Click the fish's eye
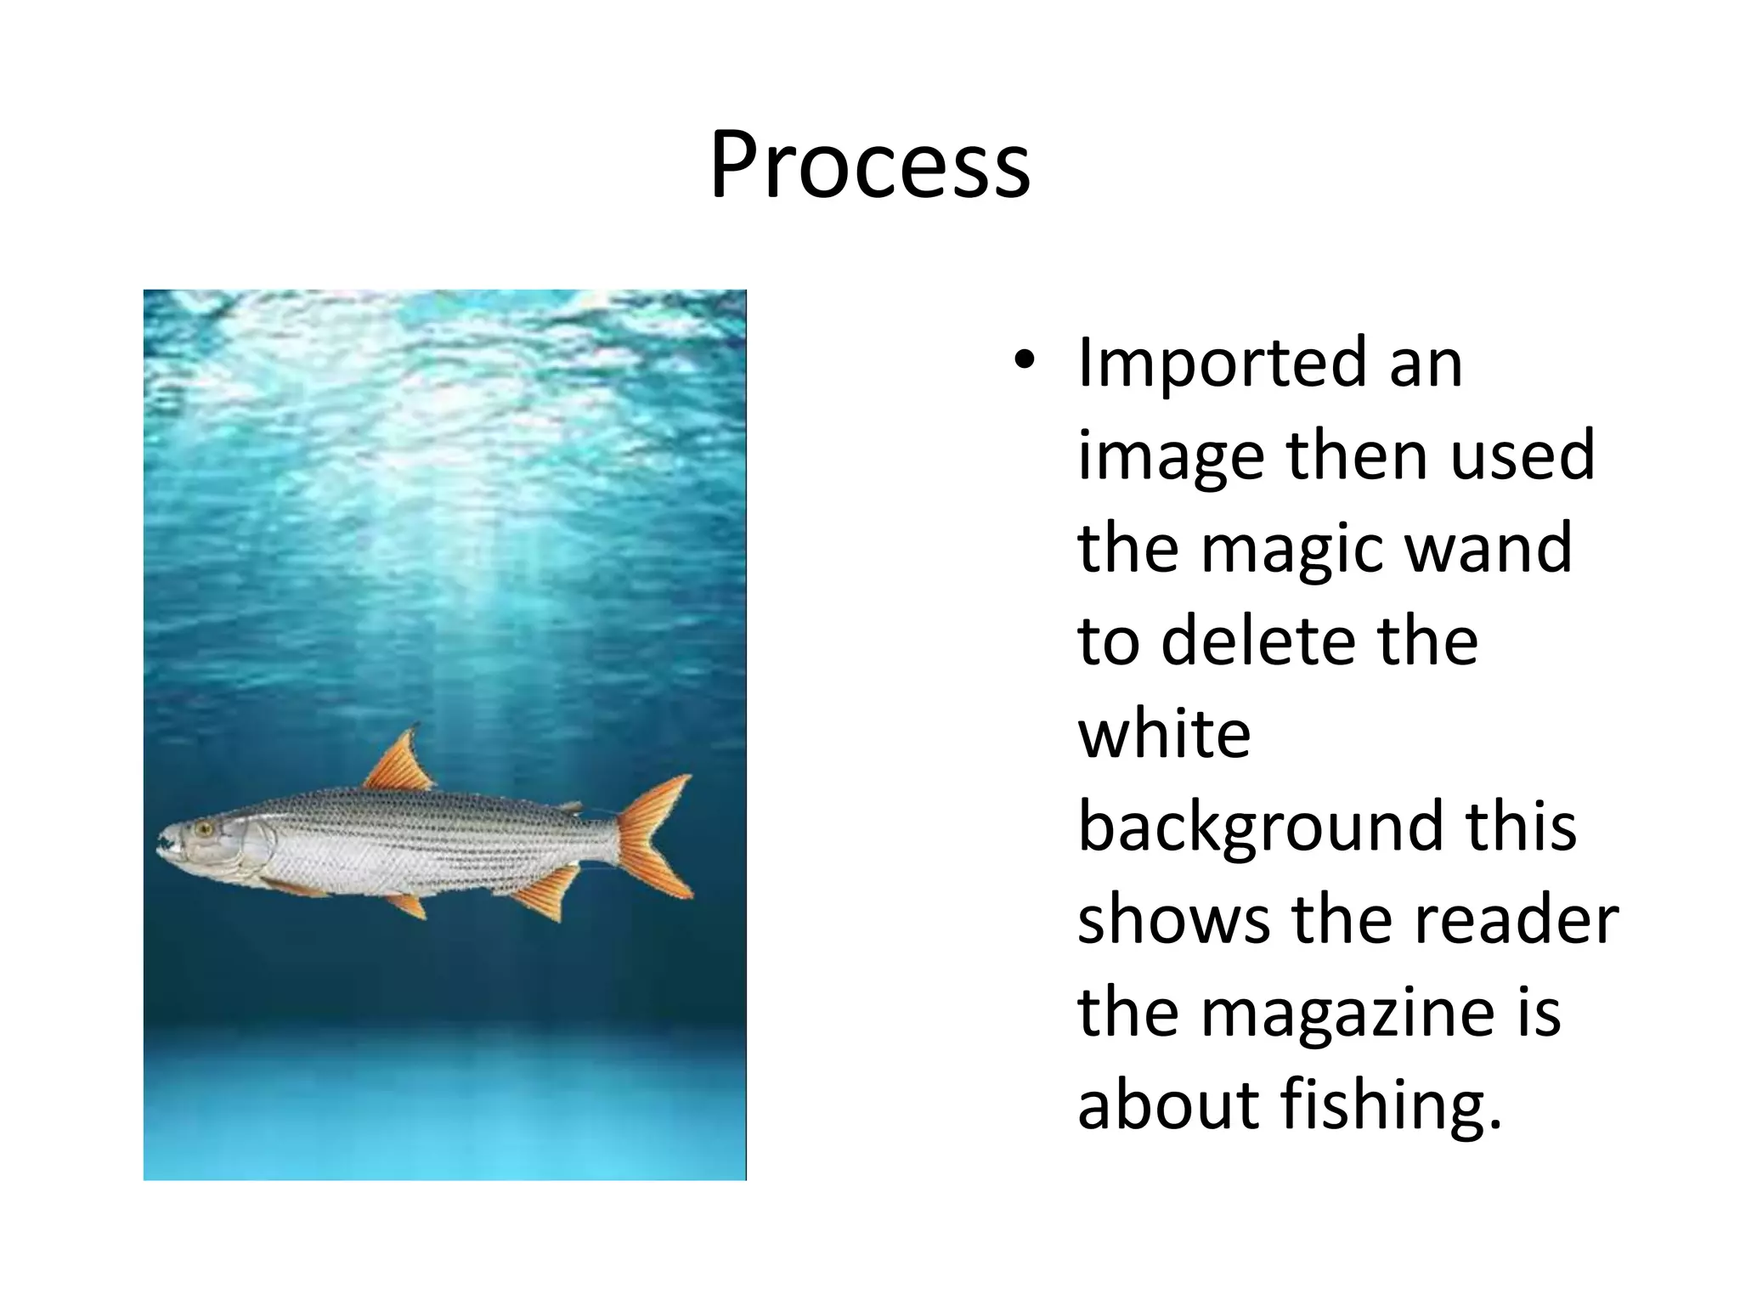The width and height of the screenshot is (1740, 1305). (x=203, y=827)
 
